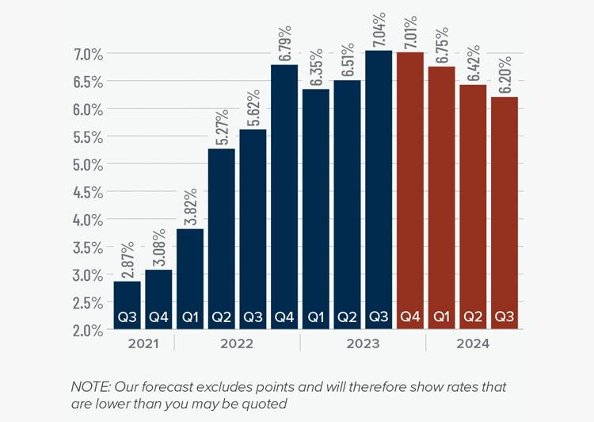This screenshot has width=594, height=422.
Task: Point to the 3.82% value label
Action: (191, 207)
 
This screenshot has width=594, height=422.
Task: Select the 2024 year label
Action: (473, 344)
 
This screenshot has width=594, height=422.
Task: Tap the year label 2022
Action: (237, 344)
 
